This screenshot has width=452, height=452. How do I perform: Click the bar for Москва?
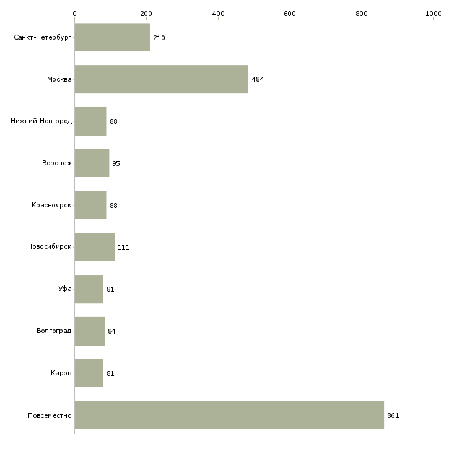point(162,79)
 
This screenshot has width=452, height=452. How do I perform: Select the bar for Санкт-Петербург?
point(112,37)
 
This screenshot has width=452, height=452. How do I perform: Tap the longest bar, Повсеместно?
point(229,415)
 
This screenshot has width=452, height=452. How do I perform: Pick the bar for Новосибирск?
point(95,247)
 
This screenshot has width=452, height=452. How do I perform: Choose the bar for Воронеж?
point(92,163)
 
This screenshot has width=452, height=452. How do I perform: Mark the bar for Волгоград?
point(90,331)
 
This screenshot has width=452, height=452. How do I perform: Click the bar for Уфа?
point(89,289)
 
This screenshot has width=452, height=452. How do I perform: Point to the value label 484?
point(258,79)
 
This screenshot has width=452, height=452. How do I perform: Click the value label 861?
point(393,415)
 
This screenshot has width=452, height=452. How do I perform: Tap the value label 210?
point(159,38)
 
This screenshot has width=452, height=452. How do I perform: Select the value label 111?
point(123,247)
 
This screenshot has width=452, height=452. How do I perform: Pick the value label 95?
point(116,163)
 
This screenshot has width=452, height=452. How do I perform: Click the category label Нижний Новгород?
point(41,121)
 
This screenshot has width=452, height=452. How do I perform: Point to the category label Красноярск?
point(51,205)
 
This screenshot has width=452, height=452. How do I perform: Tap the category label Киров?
point(61,373)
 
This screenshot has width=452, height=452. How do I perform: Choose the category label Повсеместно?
point(50,415)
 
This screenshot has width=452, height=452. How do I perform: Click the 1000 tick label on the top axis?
point(433,14)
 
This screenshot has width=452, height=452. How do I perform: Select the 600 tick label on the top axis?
point(290,14)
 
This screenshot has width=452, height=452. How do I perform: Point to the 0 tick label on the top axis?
point(75,14)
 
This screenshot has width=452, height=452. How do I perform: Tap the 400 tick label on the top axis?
point(218,14)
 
